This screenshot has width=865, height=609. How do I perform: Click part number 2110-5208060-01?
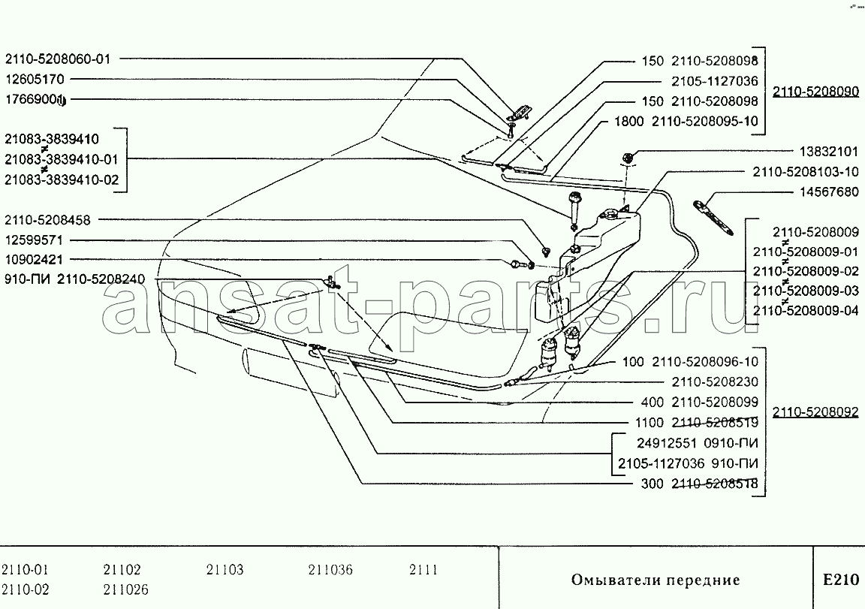[x=58, y=59]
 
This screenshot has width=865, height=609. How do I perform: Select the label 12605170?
[x=35, y=79]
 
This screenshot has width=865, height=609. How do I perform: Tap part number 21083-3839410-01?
[x=62, y=159]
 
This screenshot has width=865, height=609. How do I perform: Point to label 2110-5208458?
[x=47, y=220]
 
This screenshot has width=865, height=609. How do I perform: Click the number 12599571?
[x=34, y=240]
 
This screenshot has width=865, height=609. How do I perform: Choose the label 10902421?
[x=34, y=260]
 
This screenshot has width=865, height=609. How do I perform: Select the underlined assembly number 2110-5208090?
[x=815, y=92]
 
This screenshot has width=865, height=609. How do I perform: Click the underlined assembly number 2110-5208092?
[x=815, y=412]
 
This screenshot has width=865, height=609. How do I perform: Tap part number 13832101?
[x=829, y=152]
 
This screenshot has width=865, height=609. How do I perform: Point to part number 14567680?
[x=829, y=192]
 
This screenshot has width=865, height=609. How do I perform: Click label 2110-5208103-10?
[x=806, y=172]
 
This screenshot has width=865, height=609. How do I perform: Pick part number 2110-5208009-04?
[x=806, y=311]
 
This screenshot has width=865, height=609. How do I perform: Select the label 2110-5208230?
[x=715, y=381]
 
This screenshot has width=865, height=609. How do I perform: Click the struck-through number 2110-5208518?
[x=715, y=484]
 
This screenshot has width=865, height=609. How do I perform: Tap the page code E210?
[x=841, y=580]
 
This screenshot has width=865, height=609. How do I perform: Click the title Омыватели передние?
[x=656, y=580]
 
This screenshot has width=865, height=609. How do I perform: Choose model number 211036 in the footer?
[x=330, y=569]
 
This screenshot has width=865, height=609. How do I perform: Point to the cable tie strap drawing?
[x=713, y=217]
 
